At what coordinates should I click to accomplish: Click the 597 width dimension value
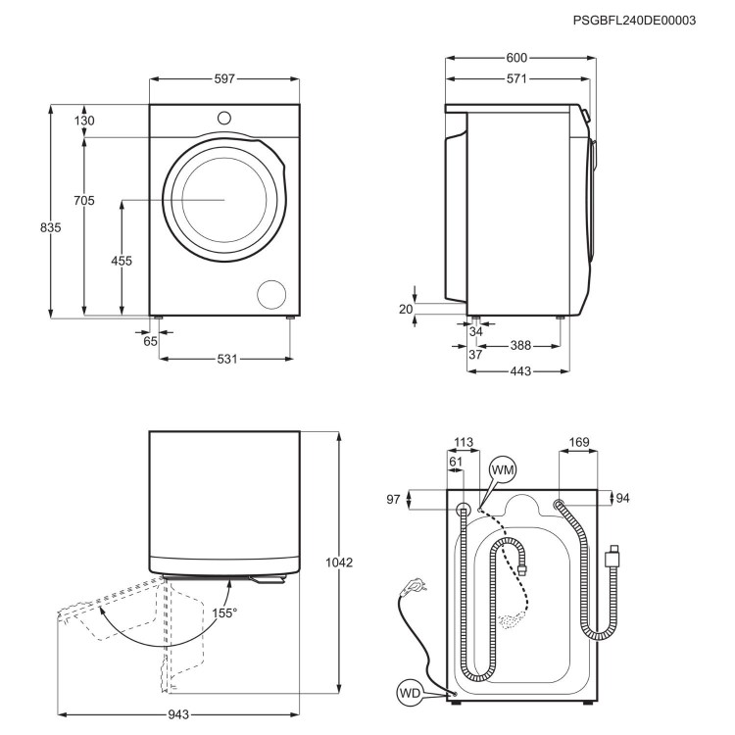point(224,78)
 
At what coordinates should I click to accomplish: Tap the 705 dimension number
point(84,201)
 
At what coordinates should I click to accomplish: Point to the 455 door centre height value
point(122,261)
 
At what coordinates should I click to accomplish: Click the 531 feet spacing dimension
point(227,359)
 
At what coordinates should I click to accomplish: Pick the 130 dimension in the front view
point(84,121)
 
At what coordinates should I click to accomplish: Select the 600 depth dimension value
point(518,58)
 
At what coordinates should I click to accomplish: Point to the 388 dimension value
point(521,346)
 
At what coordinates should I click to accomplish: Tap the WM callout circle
point(502,470)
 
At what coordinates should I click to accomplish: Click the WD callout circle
point(412,693)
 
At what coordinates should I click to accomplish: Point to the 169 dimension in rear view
point(579,443)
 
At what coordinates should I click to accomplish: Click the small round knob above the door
point(224,118)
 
